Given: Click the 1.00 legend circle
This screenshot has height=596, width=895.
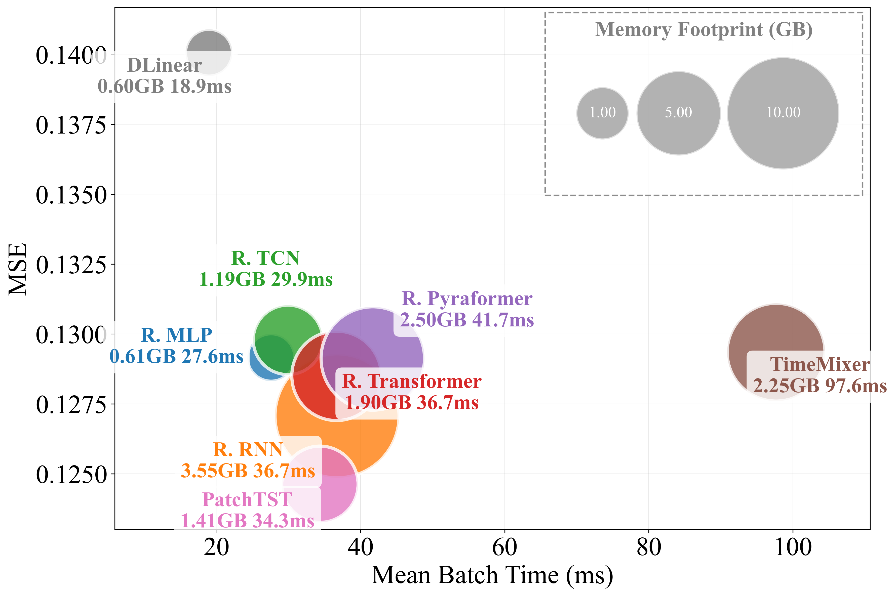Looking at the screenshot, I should [602, 113].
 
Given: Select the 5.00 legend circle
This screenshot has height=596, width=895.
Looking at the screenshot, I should [678, 113].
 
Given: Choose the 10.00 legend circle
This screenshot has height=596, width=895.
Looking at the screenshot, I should [783, 113].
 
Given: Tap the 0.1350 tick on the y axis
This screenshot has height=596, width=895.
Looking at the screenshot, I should [71, 195].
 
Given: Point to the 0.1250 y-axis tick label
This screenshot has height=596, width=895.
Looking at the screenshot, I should [71, 474].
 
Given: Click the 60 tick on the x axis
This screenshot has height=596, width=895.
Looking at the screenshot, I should [504, 548].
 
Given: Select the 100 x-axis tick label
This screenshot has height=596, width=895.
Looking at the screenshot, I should [793, 548].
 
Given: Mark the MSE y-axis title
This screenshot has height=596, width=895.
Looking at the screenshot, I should [18, 269].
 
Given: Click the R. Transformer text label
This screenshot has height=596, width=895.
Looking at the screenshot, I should [411, 381].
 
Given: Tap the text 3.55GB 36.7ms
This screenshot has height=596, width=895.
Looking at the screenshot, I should [248, 471].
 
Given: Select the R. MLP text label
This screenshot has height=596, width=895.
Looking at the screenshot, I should [176, 335].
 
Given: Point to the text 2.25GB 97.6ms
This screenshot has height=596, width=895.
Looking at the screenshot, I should [820, 386].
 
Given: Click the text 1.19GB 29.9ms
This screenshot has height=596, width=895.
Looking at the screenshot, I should [266, 279].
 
